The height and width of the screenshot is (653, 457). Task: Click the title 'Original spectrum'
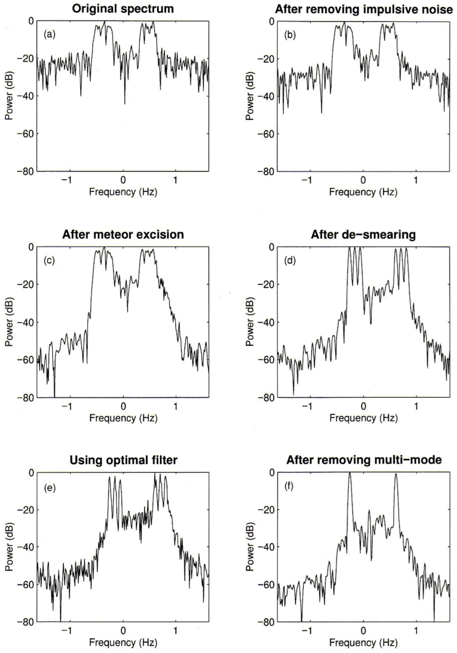coord(122,8)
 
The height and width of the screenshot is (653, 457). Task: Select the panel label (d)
coord(290,260)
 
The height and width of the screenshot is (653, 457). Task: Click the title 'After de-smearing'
coord(363,235)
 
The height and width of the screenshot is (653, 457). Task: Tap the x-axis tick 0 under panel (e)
coord(123,632)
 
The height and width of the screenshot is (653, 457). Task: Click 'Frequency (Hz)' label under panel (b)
coord(363,192)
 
